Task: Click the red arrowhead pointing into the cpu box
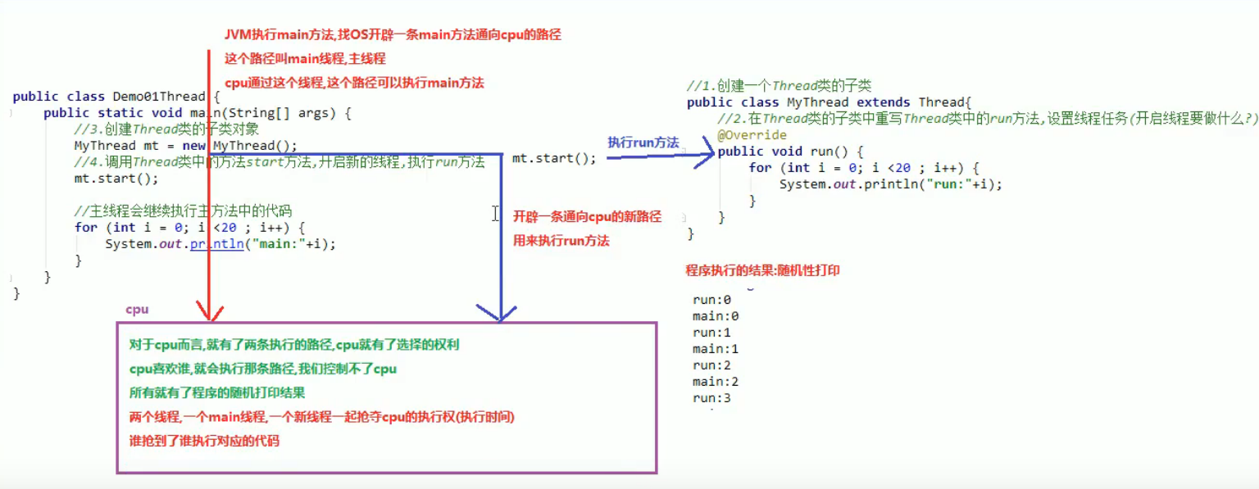pos(210,311)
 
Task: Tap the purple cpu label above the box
pos(137,310)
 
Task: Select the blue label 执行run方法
pos(643,143)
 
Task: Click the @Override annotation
pos(752,135)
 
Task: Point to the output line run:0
pos(711,300)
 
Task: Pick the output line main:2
pos(716,382)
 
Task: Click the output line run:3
pos(711,398)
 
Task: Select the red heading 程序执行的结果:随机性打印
pos(762,270)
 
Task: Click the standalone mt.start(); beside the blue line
pos(554,158)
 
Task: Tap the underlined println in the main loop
pos(216,244)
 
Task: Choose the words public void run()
pos(790,152)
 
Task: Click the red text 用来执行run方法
pos(561,241)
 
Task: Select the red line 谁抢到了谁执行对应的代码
pos(204,441)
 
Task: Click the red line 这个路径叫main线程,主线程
pos(305,59)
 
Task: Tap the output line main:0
pos(716,316)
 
